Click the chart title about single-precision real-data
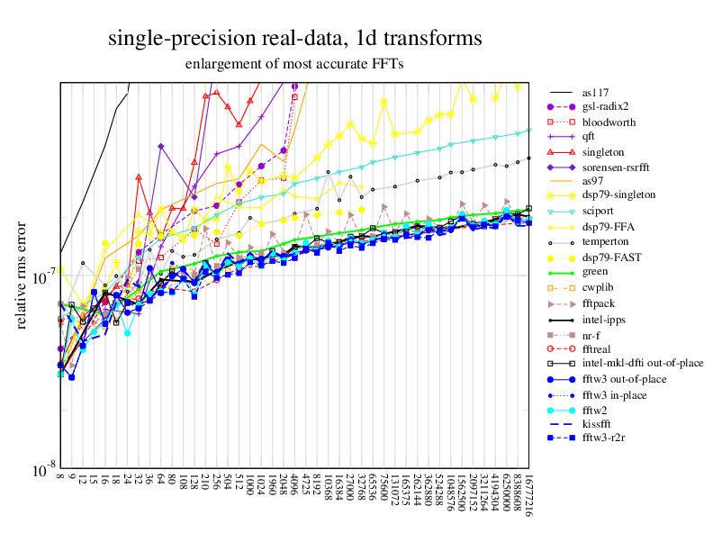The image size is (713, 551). [294, 39]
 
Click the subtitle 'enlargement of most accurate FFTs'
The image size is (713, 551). [294, 64]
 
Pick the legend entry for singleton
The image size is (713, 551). [602, 151]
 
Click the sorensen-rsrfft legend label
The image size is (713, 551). [617, 167]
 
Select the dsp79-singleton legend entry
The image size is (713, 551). [618, 194]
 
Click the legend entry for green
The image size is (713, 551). [595, 271]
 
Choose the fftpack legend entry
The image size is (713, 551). [600, 303]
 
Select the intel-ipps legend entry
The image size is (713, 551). [604, 319]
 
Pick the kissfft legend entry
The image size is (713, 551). [599, 422]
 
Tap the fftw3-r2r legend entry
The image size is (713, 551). [605, 438]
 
